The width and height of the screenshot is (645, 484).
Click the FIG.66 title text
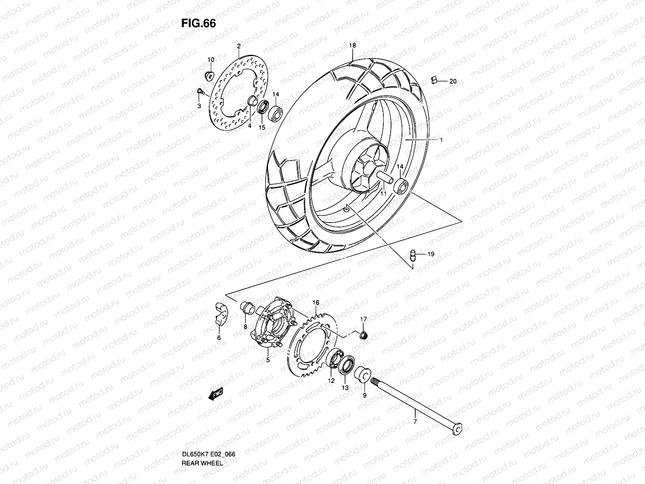tap(198, 23)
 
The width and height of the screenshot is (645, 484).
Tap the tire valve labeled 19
tap(412, 254)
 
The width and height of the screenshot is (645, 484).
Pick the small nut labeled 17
tap(362, 334)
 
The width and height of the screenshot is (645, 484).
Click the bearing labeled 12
tap(334, 359)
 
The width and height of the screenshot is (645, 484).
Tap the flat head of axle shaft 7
tap(457, 429)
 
